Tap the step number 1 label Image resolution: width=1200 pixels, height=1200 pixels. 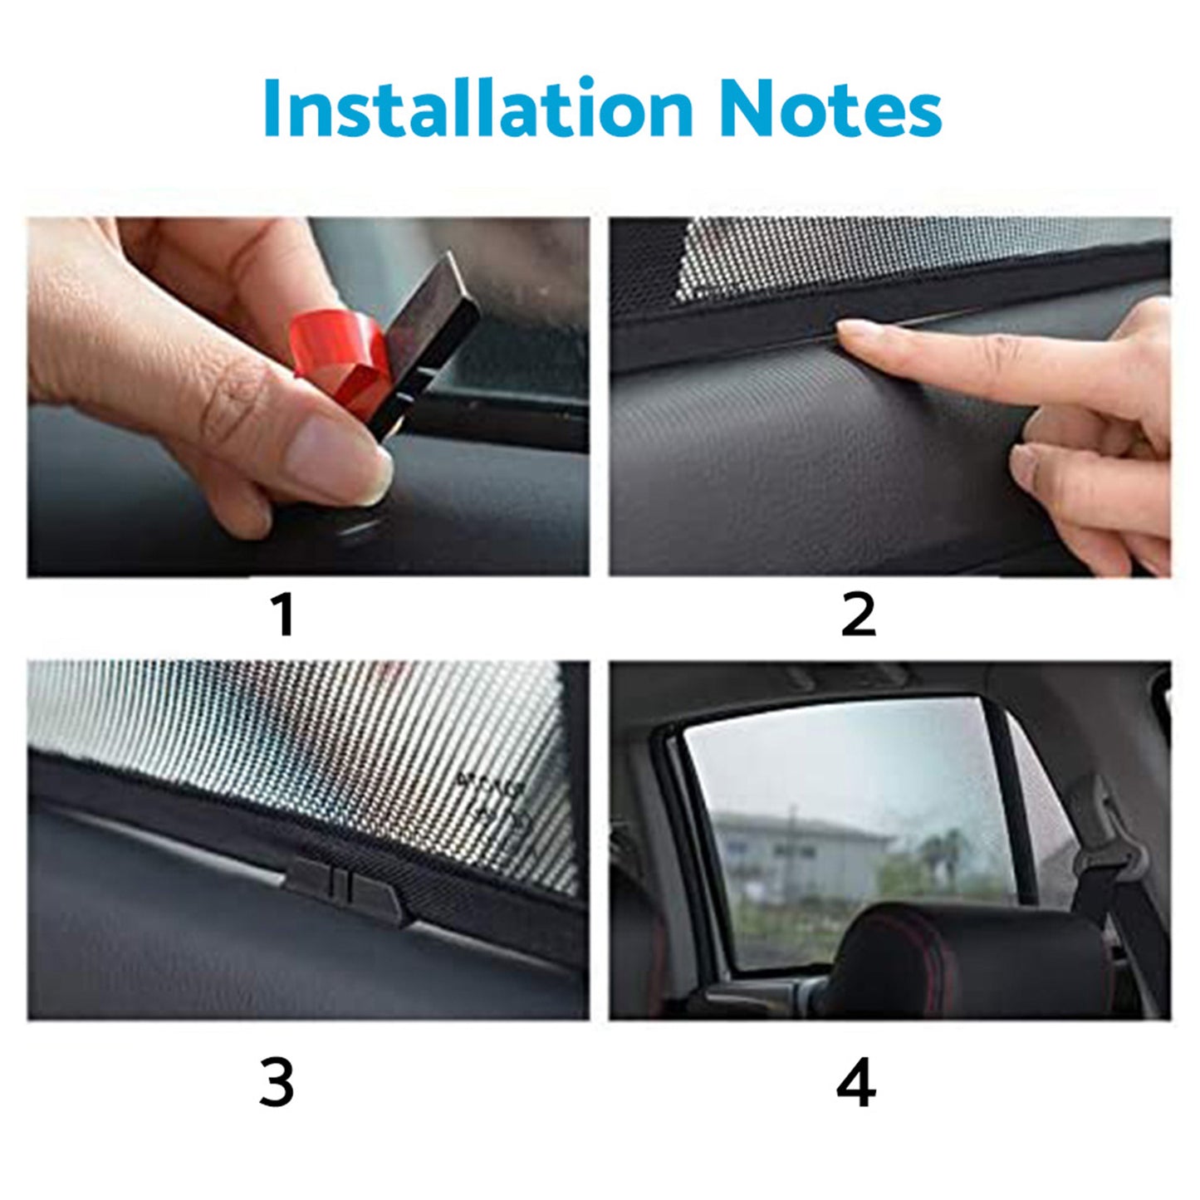(x=284, y=615)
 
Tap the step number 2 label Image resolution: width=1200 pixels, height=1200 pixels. (x=858, y=615)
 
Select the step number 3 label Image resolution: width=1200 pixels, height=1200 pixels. (x=277, y=1083)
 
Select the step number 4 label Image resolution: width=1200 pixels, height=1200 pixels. (x=856, y=1083)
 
